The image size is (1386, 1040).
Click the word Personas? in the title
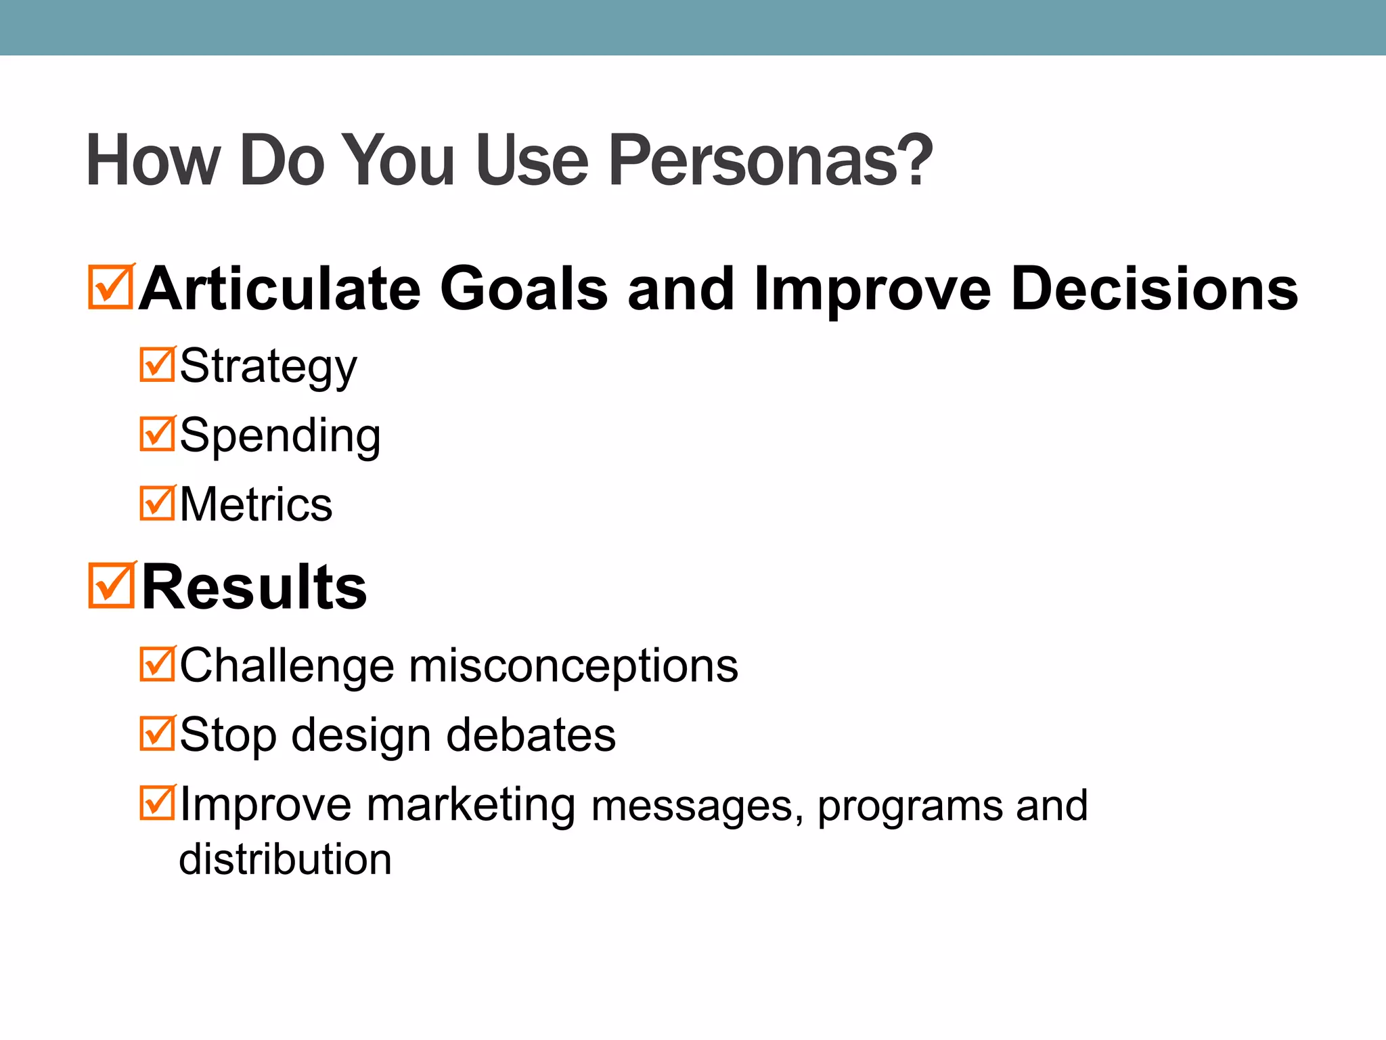pyautogui.click(x=770, y=161)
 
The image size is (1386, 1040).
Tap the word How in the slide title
pyautogui.click(x=153, y=161)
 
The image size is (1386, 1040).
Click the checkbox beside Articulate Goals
pyautogui.click(x=110, y=288)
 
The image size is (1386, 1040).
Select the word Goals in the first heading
pyautogui.click(x=524, y=289)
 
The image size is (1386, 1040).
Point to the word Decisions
pyautogui.click(x=1154, y=289)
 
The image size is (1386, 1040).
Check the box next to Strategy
pyautogui.click(x=157, y=365)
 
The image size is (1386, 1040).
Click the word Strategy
pyautogui.click(x=268, y=367)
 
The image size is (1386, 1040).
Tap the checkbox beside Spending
pyautogui.click(x=157, y=434)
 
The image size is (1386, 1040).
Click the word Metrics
pyautogui.click(x=256, y=504)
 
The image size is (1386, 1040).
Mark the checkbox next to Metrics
pyautogui.click(x=157, y=503)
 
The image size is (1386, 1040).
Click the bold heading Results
pyautogui.click(x=254, y=587)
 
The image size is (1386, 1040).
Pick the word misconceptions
pyautogui.click(x=573, y=666)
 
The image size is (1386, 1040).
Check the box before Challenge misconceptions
pyautogui.click(x=157, y=664)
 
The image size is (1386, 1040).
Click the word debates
pyautogui.click(x=531, y=735)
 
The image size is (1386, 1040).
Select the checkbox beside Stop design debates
pyautogui.click(x=157, y=734)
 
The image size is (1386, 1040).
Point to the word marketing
pyautogui.click(x=471, y=805)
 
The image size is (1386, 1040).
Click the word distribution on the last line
pyautogui.click(x=285, y=859)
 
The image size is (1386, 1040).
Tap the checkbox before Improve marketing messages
pyautogui.click(x=157, y=803)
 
